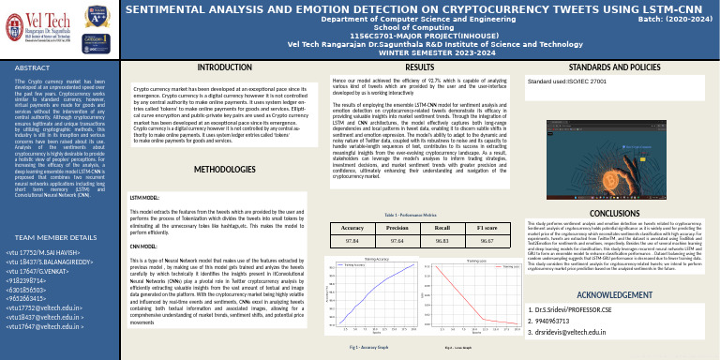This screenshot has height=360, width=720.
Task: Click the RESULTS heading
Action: tap(418, 69)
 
